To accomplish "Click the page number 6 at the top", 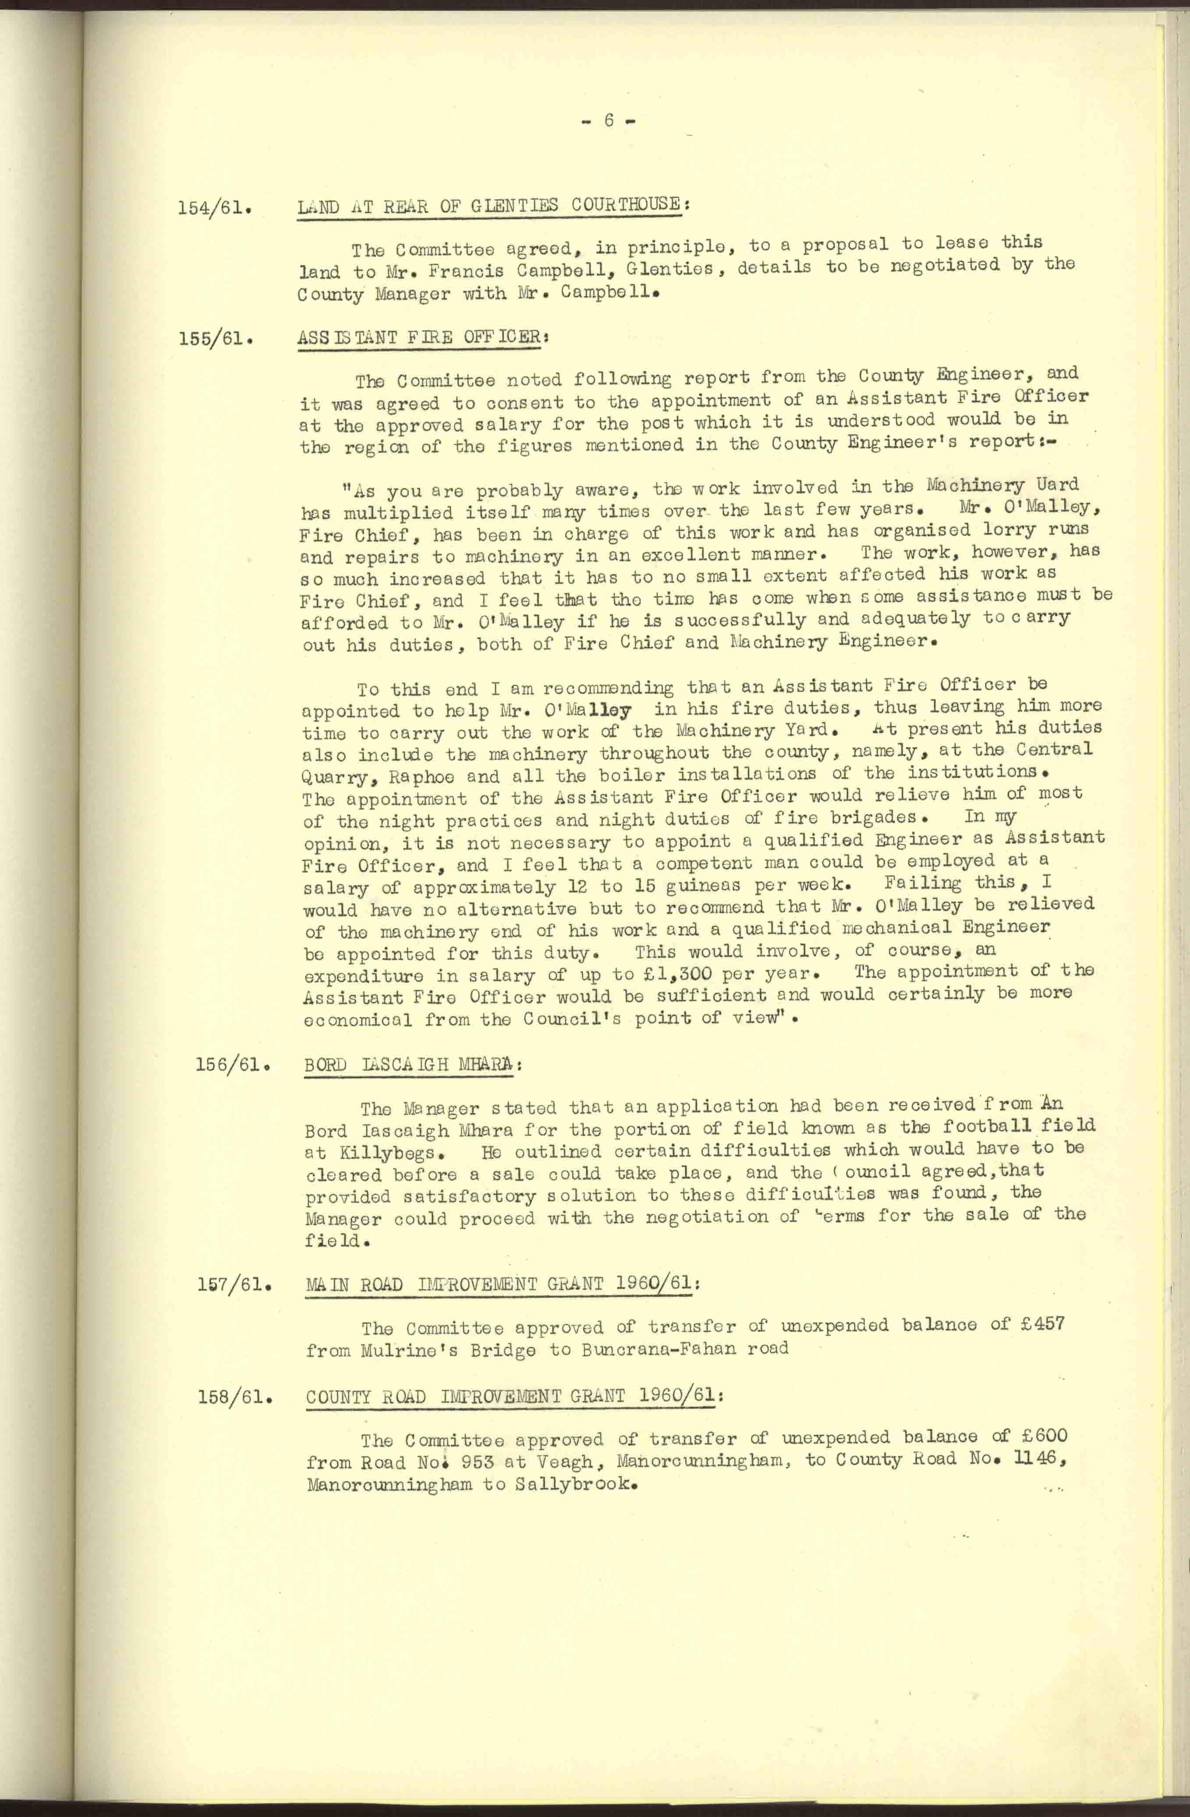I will click(608, 121).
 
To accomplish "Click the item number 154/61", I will click(215, 208).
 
